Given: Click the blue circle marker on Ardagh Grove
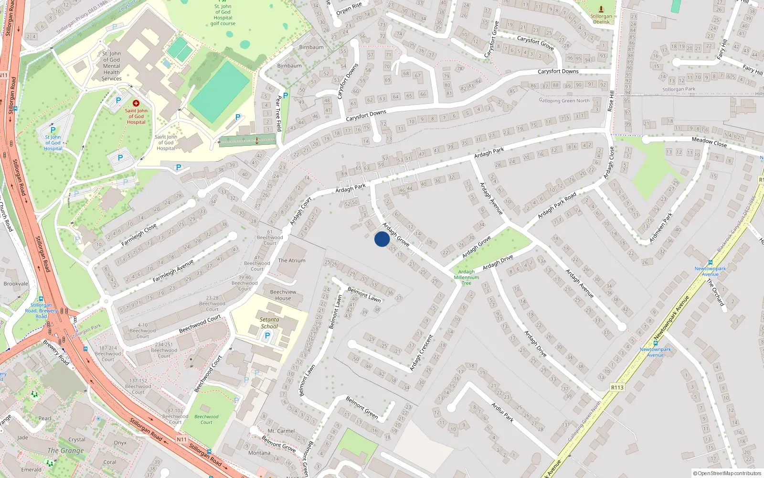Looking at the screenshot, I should pyautogui.click(x=382, y=239).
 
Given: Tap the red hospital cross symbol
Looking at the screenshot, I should pyautogui.click(x=136, y=103).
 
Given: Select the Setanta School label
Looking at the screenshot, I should pyautogui.click(x=269, y=323).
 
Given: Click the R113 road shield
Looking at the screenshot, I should pyautogui.click(x=617, y=388).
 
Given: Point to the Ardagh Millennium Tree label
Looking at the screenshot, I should pyautogui.click(x=467, y=277).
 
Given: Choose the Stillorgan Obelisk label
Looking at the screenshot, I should pyautogui.click(x=601, y=19).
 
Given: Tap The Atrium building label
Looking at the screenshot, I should pyautogui.click(x=291, y=261).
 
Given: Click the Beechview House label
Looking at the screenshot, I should pyautogui.click(x=283, y=295).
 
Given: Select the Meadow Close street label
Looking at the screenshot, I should pyautogui.click(x=709, y=142).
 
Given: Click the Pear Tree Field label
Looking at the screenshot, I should pyautogui.click(x=278, y=113).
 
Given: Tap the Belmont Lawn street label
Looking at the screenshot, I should pyautogui.click(x=364, y=294).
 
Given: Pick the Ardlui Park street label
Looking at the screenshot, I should pyautogui.click(x=502, y=412).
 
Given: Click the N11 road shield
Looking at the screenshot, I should pyautogui.click(x=181, y=439).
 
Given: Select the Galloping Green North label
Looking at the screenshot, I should pyautogui.click(x=564, y=100).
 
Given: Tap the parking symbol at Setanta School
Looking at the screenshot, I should pyautogui.click(x=267, y=336).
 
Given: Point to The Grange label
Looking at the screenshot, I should pyautogui.click(x=65, y=450).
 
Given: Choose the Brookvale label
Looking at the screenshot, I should pyautogui.click(x=16, y=283).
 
